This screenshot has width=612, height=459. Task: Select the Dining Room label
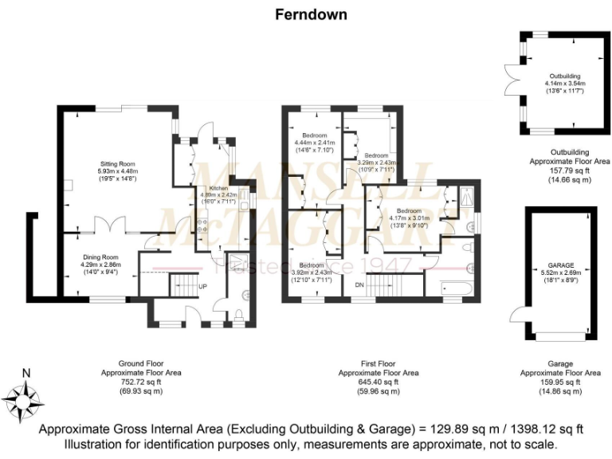click(99, 257)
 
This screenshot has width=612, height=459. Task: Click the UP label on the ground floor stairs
click(202, 286)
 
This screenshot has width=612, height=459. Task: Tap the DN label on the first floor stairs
click(359, 284)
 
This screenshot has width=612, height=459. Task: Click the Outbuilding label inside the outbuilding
click(564, 76)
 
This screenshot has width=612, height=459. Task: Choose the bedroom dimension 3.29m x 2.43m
click(377, 163)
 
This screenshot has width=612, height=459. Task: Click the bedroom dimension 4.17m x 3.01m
click(408, 218)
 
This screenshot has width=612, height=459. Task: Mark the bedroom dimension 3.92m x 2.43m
click(311, 272)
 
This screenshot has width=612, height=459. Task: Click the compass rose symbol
click(26, 398)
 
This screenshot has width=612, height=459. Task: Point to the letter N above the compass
click(26, 373)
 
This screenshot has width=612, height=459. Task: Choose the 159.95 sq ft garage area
click(559, 382)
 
